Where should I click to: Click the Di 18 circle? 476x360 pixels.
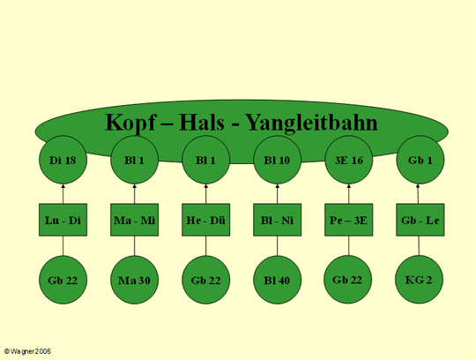point(63,160)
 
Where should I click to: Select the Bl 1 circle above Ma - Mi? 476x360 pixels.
point(135,160)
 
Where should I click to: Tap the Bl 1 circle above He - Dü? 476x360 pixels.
point(205,160)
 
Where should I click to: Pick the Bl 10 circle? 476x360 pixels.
point(277,160)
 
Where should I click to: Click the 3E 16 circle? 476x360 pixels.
point(349,160)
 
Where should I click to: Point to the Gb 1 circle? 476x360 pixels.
point(420,160)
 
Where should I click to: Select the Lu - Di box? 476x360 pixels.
point(63,220)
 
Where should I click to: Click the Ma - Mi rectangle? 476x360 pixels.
point(135,220)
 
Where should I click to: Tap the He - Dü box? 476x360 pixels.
point(205,220)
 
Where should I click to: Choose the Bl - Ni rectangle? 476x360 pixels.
point(277,220)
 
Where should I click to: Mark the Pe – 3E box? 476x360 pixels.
point(349,220)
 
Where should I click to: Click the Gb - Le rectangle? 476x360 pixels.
point(420,220)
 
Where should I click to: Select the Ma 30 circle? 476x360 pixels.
point(135,280)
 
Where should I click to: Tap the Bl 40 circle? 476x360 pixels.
point(277,280)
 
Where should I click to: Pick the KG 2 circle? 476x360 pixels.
point(419,280)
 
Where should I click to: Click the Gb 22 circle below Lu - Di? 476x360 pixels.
point(63,280)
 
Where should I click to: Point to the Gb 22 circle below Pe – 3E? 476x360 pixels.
point(348,280)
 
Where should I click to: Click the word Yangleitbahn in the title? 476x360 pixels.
point(311,124)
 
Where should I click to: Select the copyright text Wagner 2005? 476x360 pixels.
point(31,351)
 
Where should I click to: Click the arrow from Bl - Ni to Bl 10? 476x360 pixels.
point(277,194)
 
